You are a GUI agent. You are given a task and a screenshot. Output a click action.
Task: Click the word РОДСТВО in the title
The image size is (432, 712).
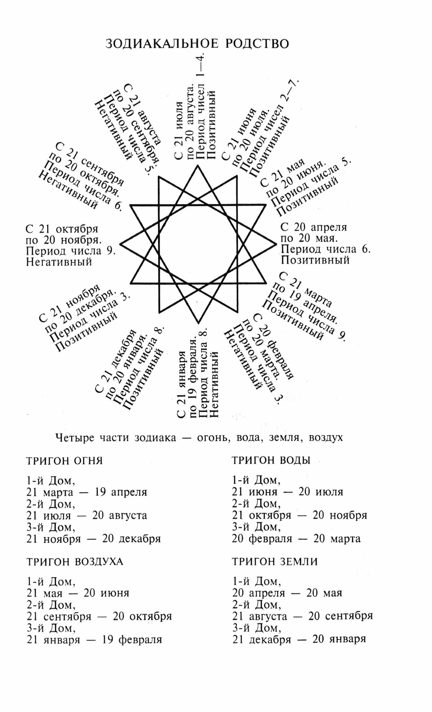pos(257,44)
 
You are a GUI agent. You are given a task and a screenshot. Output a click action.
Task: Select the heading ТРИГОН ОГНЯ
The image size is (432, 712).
pos(65,461)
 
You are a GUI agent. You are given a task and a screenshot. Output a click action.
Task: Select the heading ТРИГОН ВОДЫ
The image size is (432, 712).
pos(271,460)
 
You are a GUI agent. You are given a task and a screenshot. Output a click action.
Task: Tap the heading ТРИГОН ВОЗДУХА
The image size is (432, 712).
pos(75,562)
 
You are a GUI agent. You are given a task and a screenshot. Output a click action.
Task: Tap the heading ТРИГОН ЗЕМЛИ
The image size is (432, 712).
pos(275,562)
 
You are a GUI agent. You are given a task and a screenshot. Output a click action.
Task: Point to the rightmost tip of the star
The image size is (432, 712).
pos(276,244)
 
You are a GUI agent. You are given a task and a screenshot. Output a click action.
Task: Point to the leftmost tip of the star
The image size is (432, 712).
pos(121,244)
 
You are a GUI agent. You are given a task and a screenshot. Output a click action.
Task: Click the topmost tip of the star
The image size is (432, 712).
pos(198,165)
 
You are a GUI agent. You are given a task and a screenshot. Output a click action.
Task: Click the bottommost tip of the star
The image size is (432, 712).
pos(198,324)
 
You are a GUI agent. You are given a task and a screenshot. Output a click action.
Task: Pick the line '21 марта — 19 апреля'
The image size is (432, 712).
pos(87,492)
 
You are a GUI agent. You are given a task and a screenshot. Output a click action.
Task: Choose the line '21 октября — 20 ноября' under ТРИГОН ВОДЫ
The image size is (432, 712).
pos(299,515)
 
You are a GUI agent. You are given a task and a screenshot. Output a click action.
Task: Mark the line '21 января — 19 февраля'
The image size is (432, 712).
pos(94,640)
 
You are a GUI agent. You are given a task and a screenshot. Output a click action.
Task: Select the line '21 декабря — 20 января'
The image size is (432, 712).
pos(299,639)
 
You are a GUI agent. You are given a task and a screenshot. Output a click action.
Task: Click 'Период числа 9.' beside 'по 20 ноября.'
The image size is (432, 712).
pos(71,251)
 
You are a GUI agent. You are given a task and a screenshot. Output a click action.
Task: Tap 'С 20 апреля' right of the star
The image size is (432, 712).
pos(314,227)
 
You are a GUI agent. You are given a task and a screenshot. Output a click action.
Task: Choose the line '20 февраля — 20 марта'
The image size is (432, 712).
pos(296,539)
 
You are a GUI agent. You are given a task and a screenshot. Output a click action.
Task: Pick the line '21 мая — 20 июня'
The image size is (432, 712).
pos(78,593)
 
